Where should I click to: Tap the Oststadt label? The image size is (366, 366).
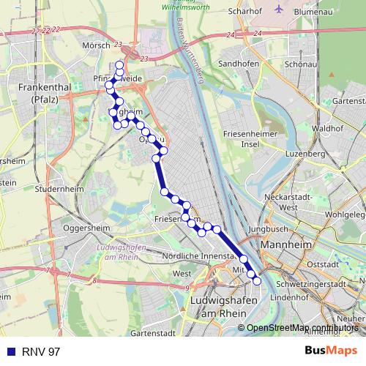pyautogui.click(x=321, y=264)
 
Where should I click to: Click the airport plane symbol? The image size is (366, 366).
pyautogui.click(x=280, y=10)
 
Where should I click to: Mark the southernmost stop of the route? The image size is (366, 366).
pyautogui.click(x=256, y=280)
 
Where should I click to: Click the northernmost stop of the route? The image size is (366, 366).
pyautogui.click(x=119, y=65)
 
